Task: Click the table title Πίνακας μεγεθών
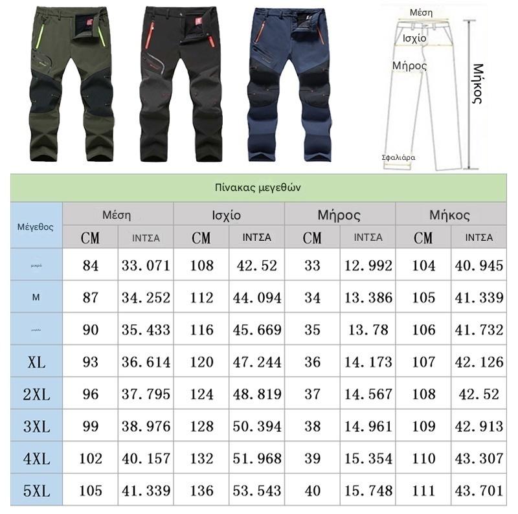258,188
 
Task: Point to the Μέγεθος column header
36,227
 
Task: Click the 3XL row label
36,427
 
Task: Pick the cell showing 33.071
146,265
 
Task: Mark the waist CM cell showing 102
91,459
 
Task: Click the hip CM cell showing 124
202,394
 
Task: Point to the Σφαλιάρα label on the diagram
398,157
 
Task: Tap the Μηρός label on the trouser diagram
409,65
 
